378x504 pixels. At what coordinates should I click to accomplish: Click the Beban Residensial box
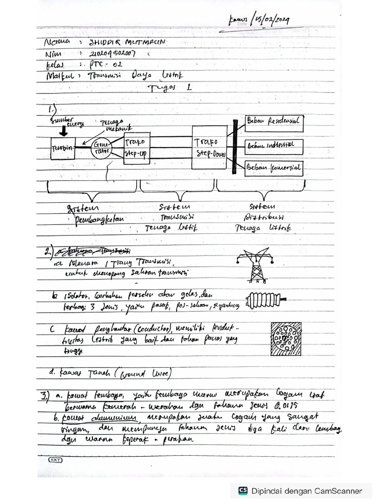274,122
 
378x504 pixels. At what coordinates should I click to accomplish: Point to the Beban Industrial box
274,146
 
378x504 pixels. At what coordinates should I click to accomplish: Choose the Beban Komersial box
274,168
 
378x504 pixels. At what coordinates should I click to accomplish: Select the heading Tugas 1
167,88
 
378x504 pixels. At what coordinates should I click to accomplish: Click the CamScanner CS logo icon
243,490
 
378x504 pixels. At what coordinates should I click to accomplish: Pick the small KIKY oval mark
55,459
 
